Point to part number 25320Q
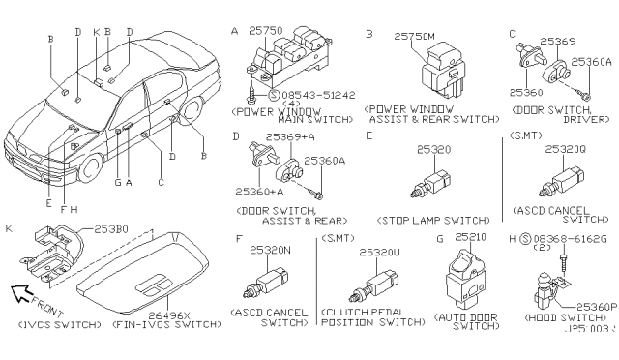pyautogui.click(x=564, y=150)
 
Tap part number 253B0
pyautogui.click(x=109, y=229)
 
